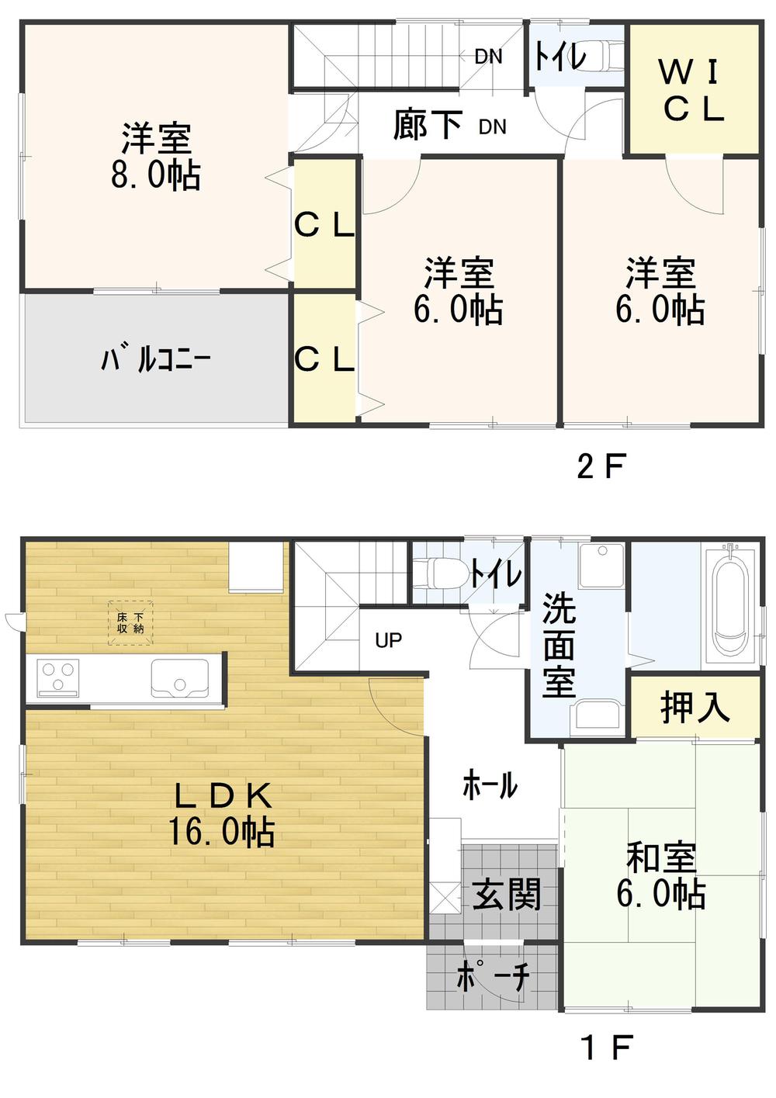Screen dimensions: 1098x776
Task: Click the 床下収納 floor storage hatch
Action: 130,623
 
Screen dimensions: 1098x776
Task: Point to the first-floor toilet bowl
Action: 440,574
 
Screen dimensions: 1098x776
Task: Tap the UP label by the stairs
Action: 388,640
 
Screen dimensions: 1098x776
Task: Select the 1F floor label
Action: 606,1048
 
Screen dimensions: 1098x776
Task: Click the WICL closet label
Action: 693,91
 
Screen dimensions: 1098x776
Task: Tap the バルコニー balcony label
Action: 155,360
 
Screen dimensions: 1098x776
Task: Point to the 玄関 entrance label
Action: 507,895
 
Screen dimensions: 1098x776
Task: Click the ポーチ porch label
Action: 494,976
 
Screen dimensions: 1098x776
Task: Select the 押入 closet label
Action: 695,707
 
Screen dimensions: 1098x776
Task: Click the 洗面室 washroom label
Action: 559,646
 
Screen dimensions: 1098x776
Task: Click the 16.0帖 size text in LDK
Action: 222,832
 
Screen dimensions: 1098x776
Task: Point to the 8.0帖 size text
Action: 156,175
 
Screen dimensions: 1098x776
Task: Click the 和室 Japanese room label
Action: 661,858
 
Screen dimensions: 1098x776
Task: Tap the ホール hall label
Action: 490,785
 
